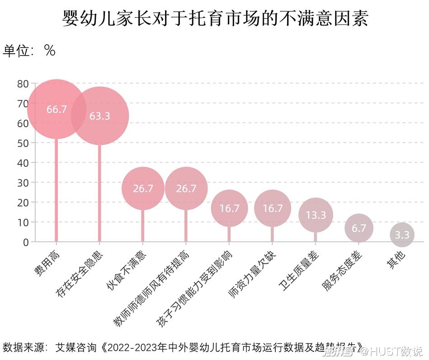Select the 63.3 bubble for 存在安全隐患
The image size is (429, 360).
pyautogui.click(x=99, y=116)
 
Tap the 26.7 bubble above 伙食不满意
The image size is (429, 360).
pyautogui.click(x=143, y=188)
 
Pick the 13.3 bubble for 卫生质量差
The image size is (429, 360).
pyautogui.click(x=316, y=215)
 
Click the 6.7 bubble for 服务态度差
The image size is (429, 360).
pyautogui.click(x=359, y=229)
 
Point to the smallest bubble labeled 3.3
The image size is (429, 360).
pyautogui.click(x=402, y=235)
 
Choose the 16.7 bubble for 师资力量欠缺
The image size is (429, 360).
pyautogui.click(x=273, y=208)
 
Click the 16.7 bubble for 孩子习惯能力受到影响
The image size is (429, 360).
pyautogui.click(x=229, y=208)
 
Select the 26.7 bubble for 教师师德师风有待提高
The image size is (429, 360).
pyautogui.click(x=186, y=188)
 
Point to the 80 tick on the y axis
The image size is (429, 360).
pyautogui.click(x=23, y=84)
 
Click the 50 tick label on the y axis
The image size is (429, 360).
pyautogui.click(x=23, y=143)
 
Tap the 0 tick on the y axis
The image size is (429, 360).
pyautogui.click(x=26, y=242)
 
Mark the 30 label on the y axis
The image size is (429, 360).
pyautogui.click(x=23, y=182)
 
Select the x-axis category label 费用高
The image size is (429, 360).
pyautogui.click(x=47, y=262)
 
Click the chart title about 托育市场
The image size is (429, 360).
pyautogui.click(x=215, y=19)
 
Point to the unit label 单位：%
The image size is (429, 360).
pyautogui.click(x=29, y=51)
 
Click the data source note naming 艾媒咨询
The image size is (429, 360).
pyautogui.click(x=181, y=348)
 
